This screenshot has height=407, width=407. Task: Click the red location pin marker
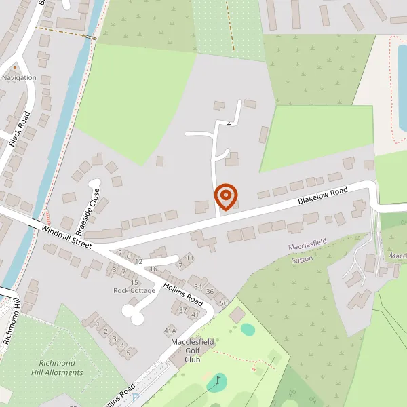(226, 197)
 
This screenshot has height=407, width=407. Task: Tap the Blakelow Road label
(323, 197)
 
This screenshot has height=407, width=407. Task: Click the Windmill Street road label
(66, 235)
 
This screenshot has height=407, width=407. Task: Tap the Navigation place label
(19, 78)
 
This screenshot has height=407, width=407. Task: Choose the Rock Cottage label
(134, 291)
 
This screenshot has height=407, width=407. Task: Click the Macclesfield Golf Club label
(193, 350)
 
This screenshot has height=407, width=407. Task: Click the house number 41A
(170, 330)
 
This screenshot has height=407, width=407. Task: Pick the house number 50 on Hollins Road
(224, 302)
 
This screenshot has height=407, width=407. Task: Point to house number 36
(210, 292)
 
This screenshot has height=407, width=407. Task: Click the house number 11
(189, 258)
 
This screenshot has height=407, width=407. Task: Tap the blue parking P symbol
(136, 398)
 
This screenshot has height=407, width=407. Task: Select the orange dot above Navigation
(15, 69)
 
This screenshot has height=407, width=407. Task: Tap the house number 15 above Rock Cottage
(134, 282)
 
